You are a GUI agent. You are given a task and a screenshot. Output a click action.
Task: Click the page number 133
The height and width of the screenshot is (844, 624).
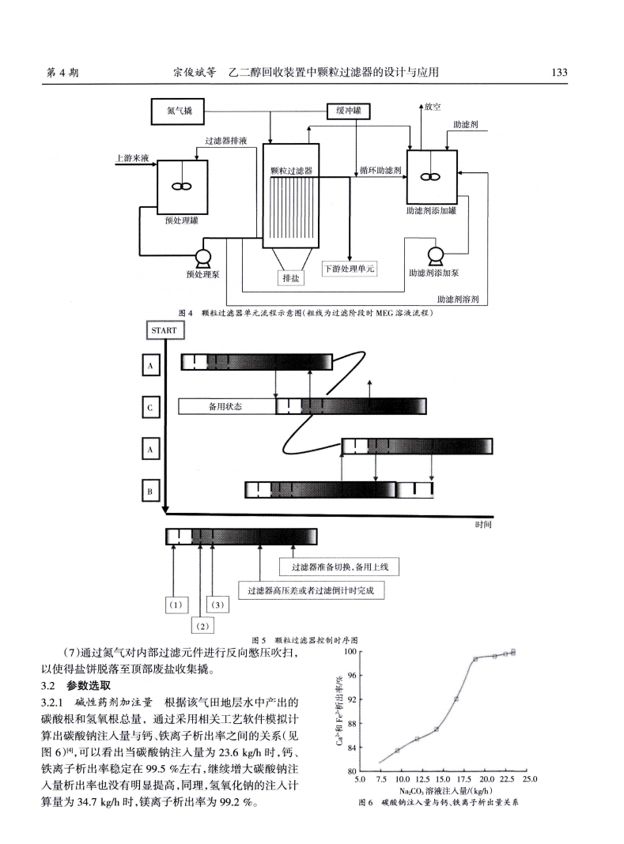click(x=559, y=73)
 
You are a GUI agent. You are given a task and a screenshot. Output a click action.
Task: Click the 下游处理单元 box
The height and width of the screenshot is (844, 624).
click(x=350, y=269)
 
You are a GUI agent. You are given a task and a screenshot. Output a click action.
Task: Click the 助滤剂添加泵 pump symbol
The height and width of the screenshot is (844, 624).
click(x=435, y=254)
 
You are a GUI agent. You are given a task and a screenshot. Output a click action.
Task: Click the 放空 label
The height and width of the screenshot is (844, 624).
click(x=432, y=106)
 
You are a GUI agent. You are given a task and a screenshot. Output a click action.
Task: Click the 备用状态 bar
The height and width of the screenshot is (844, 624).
click(x=226, y=407)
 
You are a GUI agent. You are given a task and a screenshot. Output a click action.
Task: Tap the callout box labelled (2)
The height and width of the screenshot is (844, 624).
click(x=202, y=626)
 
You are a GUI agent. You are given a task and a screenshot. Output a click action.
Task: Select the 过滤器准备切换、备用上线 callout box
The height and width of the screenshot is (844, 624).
click(x=341, y=567)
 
